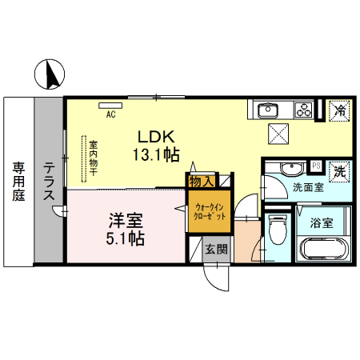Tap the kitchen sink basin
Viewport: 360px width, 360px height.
pyautogui.click(x=268, y=109)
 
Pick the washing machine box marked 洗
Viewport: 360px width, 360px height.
pyautogui.click(x=339, y=170)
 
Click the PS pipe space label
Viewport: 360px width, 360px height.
pyautogui.click(x=316, y=166)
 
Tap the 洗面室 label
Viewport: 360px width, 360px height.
pyautogui.click(x=307, y=188)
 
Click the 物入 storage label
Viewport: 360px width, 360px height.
pyautogui.click(x=201, y=182)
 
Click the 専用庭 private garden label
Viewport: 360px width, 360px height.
pyautogui.click(x=18, y=183)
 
